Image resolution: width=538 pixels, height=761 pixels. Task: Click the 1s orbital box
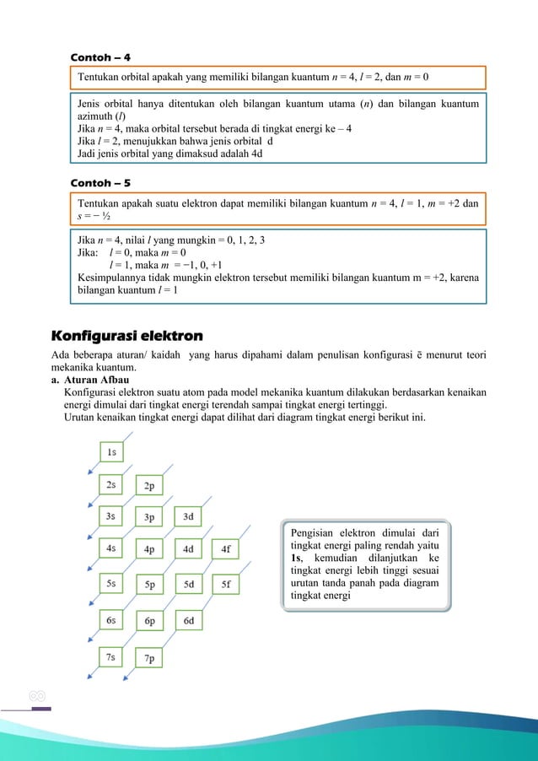click(x=111, y=452)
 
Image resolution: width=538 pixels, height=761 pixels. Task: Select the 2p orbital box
click(x=149, y=486)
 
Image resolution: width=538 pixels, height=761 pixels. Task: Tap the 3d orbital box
click(x=187, y=515)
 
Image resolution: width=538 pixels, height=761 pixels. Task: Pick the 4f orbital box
click(x=225, y=548)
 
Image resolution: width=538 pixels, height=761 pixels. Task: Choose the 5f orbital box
click(x=225, y=583)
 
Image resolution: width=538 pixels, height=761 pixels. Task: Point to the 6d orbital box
click(x=187, y=621)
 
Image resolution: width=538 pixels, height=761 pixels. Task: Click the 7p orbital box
click(x=149, y=658)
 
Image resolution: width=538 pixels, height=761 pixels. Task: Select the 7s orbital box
click(x=111, y=656)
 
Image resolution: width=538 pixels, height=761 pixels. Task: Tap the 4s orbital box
click(x=111, y=548)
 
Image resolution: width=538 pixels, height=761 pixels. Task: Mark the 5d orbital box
click(x=187, y=583)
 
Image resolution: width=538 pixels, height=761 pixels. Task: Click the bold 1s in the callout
click(x=296, y=559)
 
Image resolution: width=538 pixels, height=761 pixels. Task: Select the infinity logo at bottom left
click(x=36, y=697)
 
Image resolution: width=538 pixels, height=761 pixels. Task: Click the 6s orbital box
click(x=111, y=619)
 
